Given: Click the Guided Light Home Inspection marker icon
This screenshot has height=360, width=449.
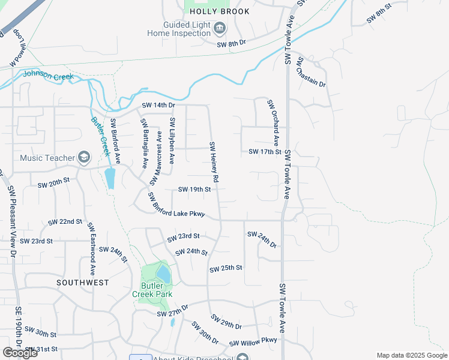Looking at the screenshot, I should pos(220,28).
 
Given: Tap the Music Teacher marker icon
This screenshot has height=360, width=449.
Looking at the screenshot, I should pos(83,158).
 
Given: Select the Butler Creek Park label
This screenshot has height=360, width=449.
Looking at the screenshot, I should pos(152,290).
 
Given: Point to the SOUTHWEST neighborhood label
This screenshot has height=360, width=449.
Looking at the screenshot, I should pos(83,282).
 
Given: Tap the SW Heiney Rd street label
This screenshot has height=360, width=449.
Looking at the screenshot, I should pos(214,162).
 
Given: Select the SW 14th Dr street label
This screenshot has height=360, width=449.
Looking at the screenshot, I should pos(158,106).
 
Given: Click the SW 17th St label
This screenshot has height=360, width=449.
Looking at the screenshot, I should pos(265,152).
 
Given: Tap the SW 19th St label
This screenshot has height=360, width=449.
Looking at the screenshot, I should pos(194,190).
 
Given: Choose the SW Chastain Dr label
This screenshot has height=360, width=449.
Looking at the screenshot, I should pos(311,72).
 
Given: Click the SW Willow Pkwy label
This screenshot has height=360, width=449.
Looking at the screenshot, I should pos(253,343).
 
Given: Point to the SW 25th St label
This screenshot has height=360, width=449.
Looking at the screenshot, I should pos(226,268).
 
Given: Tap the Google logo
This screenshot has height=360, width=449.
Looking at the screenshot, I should pos(20,353).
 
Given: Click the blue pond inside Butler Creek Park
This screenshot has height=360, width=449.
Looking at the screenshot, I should pos(163,273).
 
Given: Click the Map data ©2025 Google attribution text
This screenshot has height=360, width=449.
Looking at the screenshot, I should pos(412,355).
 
